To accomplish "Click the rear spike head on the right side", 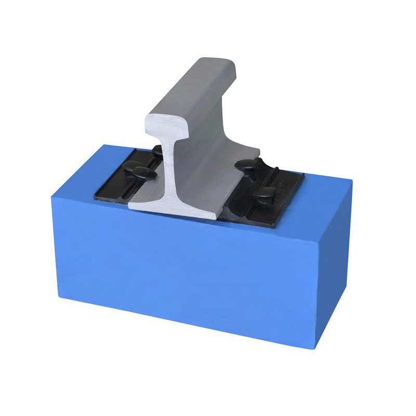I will point(245,165).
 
